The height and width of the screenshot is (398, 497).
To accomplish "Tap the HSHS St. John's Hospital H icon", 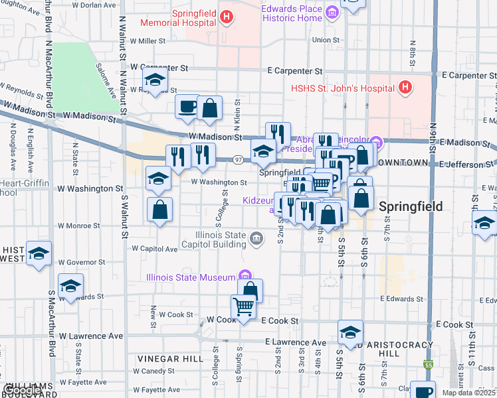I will [405, 88].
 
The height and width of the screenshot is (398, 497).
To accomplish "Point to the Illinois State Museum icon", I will [245, 276].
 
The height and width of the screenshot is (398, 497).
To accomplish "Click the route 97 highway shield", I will [238, 159].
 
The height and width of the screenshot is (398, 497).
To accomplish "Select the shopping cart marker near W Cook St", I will [244, 307].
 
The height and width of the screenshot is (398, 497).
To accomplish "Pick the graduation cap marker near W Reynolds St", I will [155, 81].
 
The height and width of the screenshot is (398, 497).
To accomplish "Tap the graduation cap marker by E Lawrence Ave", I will [350, 332].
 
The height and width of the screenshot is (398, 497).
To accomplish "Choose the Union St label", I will [326, 40].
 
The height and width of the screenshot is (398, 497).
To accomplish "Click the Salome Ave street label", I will [105, 80].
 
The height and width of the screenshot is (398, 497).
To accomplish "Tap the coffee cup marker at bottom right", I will [422, 391].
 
